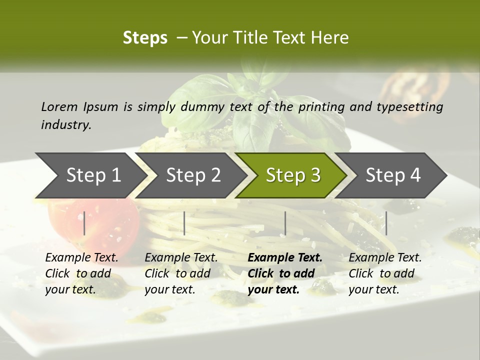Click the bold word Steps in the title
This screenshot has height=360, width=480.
(x=145, y=38)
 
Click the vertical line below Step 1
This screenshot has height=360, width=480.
(x=84, y=223)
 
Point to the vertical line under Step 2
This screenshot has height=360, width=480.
(x=184, y=223)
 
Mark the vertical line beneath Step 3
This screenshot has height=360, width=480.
(x=285, y=223)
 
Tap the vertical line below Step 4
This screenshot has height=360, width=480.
(x=386, y=223)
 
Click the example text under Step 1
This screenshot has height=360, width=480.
(x=81, y=273)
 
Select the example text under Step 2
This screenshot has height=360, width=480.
(x=181, y=273)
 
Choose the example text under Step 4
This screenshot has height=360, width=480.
(x=385, y=273)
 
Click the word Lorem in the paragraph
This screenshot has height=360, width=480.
(x=59, y=107)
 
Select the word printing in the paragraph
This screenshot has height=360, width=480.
(x=321, y=107)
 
